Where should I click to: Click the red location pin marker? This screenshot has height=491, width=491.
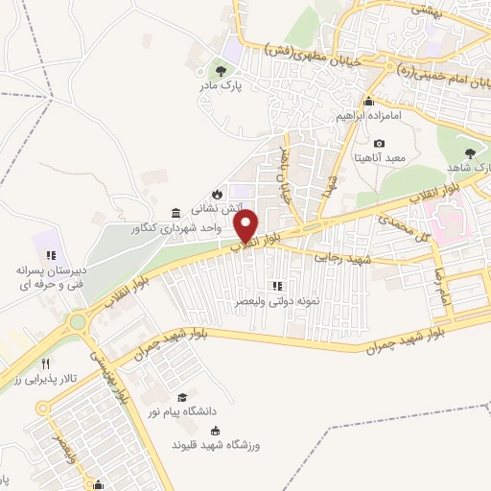point(248,225)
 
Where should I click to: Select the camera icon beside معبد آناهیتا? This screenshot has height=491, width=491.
point(380,143)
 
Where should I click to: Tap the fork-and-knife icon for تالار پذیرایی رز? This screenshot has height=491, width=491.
point(46,364)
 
